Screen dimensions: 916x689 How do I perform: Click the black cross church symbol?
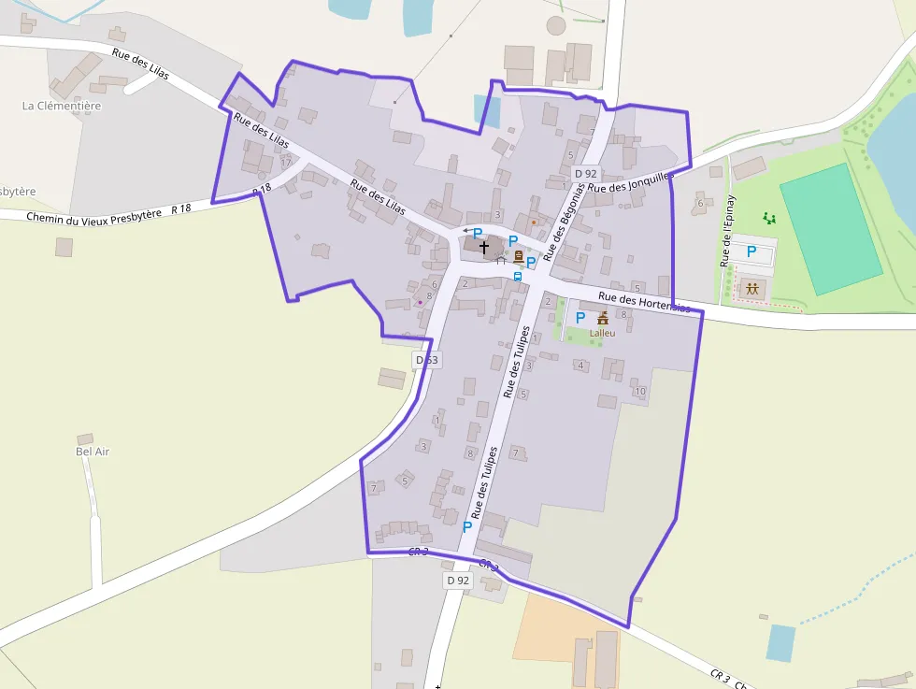point(483,248)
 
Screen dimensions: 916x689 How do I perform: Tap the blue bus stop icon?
point(517,277)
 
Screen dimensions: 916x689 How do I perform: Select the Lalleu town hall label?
point(602,333)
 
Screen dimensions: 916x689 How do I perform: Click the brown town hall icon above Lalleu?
point(603,318)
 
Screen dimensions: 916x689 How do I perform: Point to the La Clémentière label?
point(62,106)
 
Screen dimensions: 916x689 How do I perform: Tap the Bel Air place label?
point(93,452)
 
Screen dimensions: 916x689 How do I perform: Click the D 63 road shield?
point(425,360)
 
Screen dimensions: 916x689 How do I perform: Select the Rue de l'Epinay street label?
point(728,231)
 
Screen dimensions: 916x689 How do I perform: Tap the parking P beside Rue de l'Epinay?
point(751,251)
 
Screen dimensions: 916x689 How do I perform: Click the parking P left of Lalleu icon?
point(580,318)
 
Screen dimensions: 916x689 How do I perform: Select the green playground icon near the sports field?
point(769,219)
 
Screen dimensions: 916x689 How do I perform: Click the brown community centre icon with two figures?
point(751,289)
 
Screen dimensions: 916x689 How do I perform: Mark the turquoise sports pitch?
point(831,229)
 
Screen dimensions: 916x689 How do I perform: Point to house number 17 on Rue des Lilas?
point(286,163)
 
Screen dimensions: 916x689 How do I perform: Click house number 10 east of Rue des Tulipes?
point(639,391)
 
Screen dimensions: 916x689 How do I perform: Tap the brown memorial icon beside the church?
point(518,256)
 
